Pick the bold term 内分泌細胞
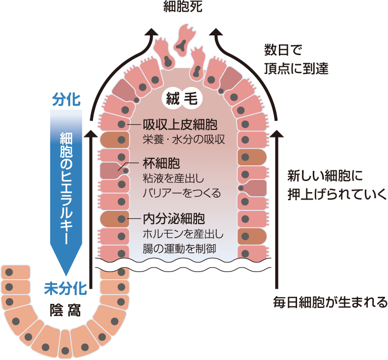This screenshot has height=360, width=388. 174,220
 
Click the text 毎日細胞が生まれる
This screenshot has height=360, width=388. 330,303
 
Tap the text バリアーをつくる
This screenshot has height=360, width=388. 183,192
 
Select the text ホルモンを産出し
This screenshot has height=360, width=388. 183,234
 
